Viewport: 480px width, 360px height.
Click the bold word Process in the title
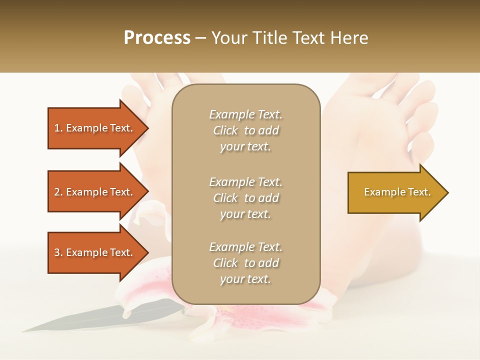pos(157,38)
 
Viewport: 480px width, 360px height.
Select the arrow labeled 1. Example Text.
pos(95,128)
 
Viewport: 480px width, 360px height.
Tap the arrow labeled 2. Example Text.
pos(95,192)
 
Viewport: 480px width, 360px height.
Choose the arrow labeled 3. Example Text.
pos(95,252)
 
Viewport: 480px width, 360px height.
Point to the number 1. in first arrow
pos(58,128)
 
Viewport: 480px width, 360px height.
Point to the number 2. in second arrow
pos(58,192)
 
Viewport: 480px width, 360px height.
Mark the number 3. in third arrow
pos(58,252)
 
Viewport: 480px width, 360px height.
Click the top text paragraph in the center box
pos(245,130)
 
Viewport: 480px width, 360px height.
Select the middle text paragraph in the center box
pos(245,198)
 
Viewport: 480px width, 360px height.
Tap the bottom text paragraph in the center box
pos(245,263)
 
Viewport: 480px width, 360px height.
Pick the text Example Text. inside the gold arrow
pos(397,192)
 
